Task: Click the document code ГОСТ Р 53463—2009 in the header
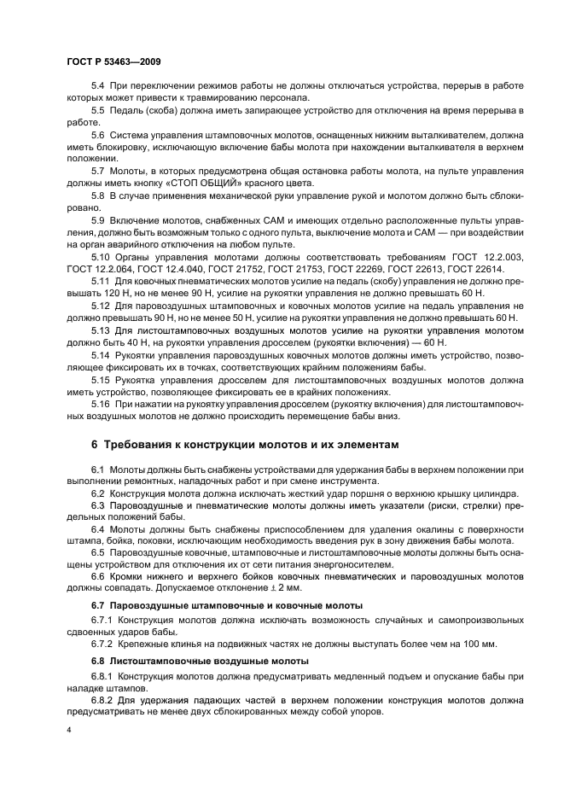point(113,63)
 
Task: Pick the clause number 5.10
point(101,256)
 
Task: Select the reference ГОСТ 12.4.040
point(166,268)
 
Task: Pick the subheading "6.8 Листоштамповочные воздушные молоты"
point(197,662)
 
